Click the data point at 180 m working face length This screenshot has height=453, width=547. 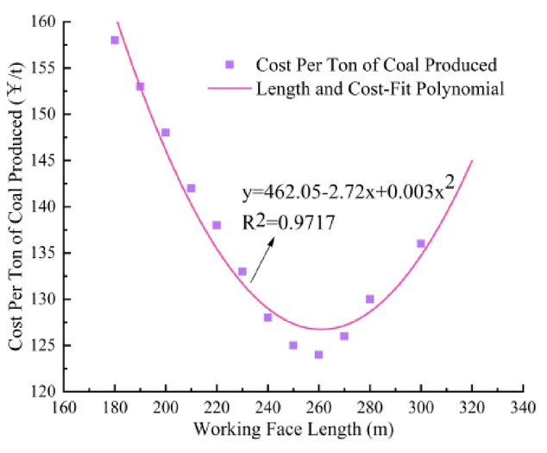coord(115,41)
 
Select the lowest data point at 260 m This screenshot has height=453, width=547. coord(318,355)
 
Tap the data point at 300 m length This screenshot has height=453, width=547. coord(421,243)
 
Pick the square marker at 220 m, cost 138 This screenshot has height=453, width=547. coord(217,225)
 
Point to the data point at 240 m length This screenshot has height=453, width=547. coord(267,318)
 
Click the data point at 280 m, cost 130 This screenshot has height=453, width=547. coord(370,299)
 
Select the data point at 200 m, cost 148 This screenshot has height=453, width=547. coord(166,133)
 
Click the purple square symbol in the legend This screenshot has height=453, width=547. coord(229,65)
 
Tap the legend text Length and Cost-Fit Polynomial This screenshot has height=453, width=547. coord(380,88)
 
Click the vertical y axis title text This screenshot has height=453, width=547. coord(18,204)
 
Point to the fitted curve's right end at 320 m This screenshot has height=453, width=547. coord(472,160)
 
